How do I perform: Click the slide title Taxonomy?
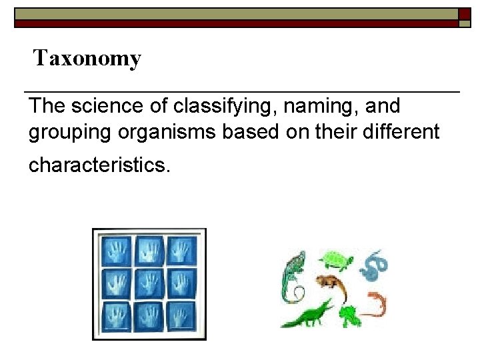[87, 59]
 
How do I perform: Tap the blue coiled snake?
[373, 265]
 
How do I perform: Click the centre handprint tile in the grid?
[149, 284]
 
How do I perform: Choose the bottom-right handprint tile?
[181, 316]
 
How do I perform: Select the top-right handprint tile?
[181, 252]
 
